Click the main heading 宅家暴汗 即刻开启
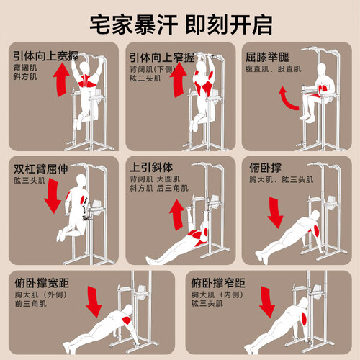(181, 24)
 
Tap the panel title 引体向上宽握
(46, 56)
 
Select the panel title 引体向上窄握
(162, 58)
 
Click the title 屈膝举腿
(267, 57)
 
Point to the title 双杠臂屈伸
(41, 169)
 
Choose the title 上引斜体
(151, 167)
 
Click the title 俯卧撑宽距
(42, 283)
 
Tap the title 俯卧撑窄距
(218, 283)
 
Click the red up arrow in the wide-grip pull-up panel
(61, 80)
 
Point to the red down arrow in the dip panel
(53, 196)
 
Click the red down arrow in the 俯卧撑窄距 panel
(266, 302)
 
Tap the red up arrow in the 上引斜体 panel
(177, 215)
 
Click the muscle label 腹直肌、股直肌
(273, 69)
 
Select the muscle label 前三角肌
(31, 304)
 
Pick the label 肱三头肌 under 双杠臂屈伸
(30, 180)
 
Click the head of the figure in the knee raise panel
(321, 70)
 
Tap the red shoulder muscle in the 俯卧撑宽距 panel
(127, 320)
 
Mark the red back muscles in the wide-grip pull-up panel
(87, 81)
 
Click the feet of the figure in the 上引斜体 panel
(149, 260)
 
